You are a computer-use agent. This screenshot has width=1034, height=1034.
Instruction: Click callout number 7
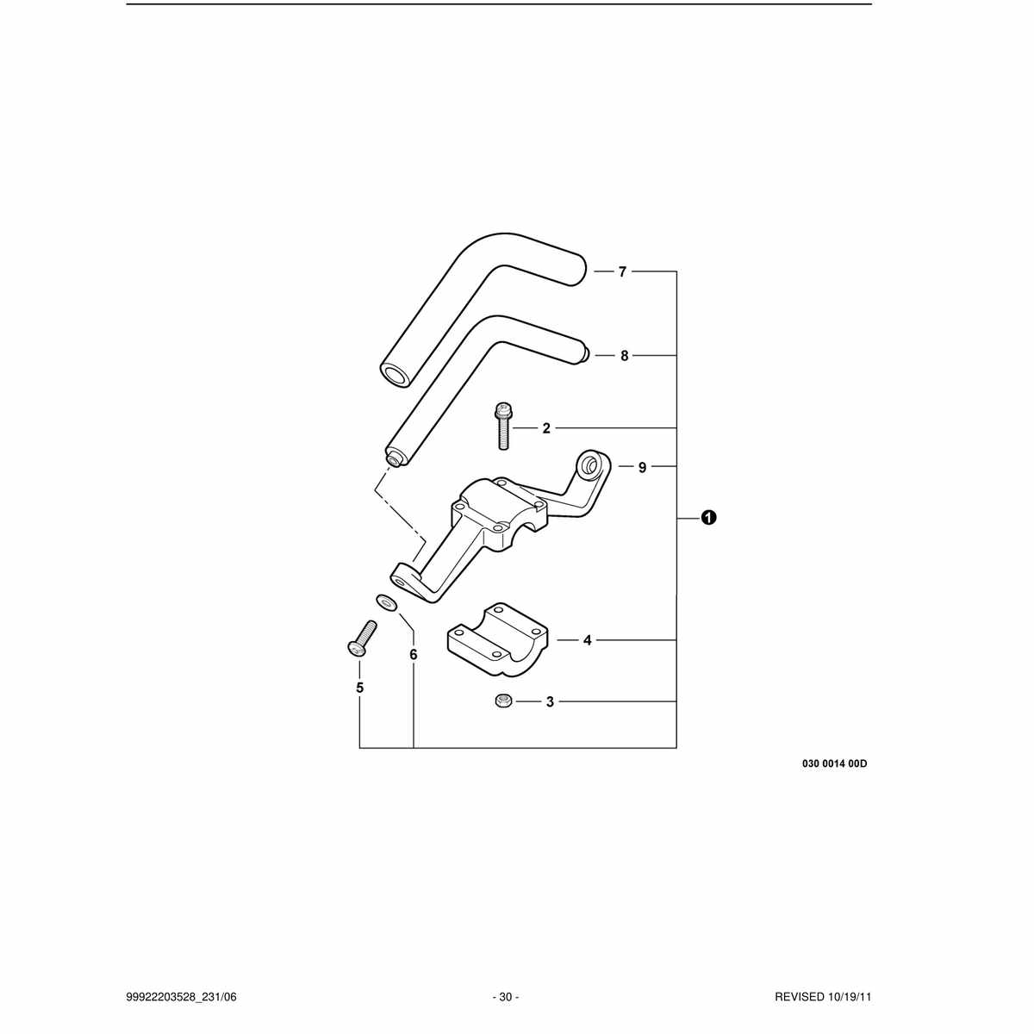click(x=622, y=272)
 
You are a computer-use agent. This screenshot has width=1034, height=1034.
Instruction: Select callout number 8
click(x=624, y=356)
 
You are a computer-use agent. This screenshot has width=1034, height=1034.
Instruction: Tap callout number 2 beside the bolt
click(x=546, y=428)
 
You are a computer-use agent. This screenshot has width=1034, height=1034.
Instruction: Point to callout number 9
click(x=642, y=467)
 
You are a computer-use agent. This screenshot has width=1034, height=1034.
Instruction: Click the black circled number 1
click(x=708, y=518)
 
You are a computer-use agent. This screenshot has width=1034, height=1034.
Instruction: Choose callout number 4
click(x=588, y=640)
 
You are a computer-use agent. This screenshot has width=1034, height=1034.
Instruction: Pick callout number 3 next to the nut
click(x=550, y=702)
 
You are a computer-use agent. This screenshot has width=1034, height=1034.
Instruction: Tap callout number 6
click(x=414, y=655)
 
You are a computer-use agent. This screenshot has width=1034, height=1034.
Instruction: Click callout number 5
click(x=359, y=688)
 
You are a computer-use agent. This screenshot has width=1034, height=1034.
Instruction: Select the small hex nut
click(x=502, y=701)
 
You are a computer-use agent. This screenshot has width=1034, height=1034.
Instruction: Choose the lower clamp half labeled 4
click(x=497, y=641)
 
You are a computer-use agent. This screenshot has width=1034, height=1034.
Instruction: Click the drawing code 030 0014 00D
click(x=834, y=763)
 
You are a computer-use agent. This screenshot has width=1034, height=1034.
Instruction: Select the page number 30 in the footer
click(x=506, y=997)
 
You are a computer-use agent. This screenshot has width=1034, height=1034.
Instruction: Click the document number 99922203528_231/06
click(x=181, y=997)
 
